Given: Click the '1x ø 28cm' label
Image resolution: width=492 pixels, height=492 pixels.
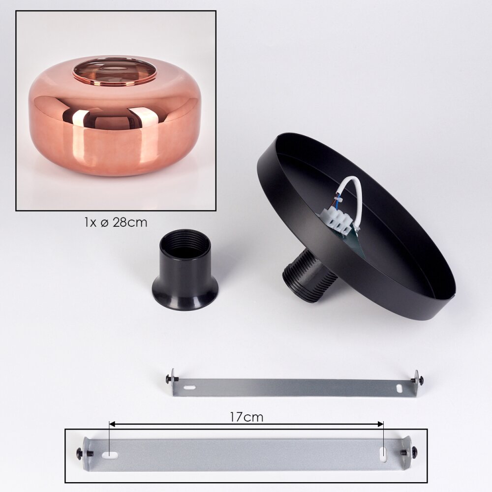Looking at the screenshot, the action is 116,222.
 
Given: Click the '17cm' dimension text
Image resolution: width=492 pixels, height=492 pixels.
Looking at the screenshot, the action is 246,417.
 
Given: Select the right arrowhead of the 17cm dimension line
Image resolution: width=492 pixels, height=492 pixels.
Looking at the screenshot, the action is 380,425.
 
